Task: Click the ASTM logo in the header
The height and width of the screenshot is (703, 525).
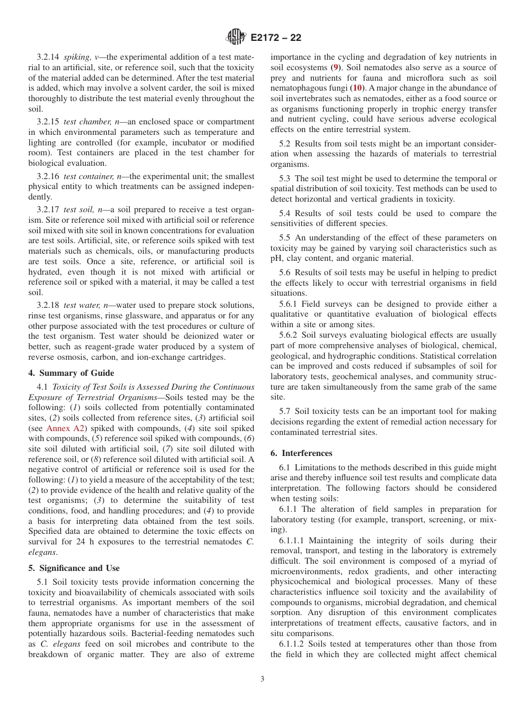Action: click(237, 38)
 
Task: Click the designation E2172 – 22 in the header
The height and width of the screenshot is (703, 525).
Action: click(276, 38)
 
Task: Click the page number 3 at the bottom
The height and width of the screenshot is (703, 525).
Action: click(262, 679)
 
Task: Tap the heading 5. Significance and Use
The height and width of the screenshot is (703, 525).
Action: click(73, 568)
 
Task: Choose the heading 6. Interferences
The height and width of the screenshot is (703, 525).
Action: click(301, 453)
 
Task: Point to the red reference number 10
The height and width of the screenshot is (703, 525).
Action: click(358, 88)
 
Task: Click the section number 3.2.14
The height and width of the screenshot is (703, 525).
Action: click(48, 57)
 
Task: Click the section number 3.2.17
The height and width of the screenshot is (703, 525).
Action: click(48, 210)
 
